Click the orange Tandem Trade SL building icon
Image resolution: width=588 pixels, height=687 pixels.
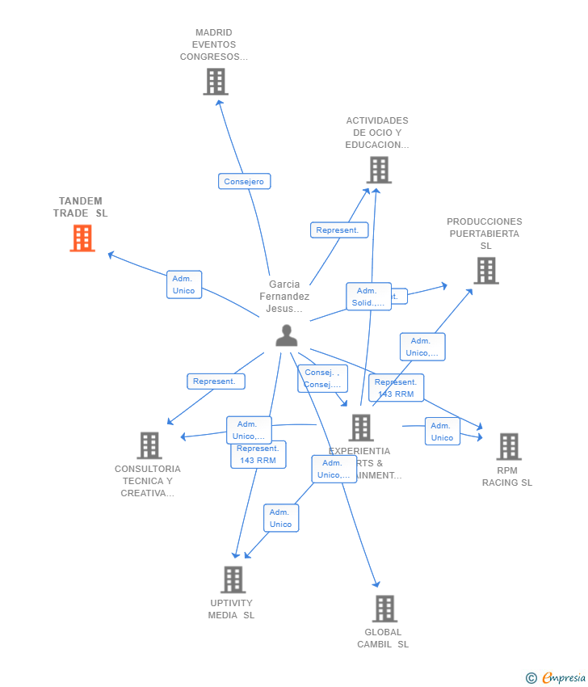[82, 238]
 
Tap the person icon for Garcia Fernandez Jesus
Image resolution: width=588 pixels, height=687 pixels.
[287, 335]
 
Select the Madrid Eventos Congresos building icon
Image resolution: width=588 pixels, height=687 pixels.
[216, 82]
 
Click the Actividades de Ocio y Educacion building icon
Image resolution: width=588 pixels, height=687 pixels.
[379, 170]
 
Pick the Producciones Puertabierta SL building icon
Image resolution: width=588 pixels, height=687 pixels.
[485, 271]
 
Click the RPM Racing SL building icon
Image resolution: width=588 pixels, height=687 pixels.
[508, 446]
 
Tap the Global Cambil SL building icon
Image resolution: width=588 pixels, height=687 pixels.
[384, 609]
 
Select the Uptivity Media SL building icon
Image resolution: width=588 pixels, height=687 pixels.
[233, 580]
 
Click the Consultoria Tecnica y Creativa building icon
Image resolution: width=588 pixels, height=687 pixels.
[149, 445]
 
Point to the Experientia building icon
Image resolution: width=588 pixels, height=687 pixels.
[361, 428]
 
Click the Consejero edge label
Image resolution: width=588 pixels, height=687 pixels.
[244, 181]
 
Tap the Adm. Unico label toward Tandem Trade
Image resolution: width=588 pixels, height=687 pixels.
[183, 284]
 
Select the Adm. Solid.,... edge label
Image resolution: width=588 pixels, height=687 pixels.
[368, 297]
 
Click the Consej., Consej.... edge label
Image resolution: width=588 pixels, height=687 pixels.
[322, 378]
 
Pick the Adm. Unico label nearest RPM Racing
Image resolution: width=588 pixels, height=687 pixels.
[442, 432]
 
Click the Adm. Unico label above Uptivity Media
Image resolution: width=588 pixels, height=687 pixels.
[280, 518]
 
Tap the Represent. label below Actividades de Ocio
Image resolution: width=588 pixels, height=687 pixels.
[338, 230]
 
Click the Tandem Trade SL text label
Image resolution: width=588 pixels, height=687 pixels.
[81, 207]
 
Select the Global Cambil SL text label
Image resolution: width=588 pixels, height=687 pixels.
[383, 639]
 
